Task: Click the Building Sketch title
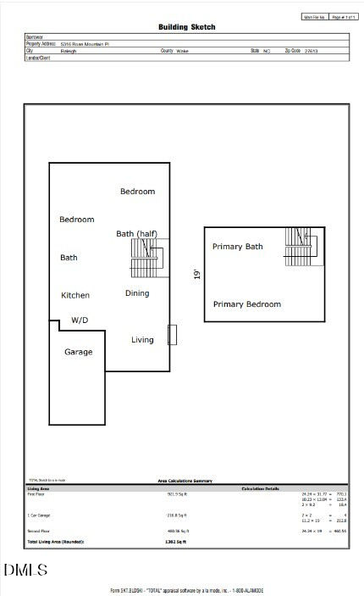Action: pyautogui.click(x=185, y=27)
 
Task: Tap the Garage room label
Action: pyautogui.click(x=79, y=352)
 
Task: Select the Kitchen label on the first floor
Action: pyautogui.click(x=75, y=295)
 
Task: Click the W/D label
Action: pyautogui.click(x=80, y=320)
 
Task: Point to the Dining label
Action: pyautogui.click(x=137, y=293)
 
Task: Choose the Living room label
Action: pyautogui.click(x=142, y=340)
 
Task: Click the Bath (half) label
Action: pyautogui.click(x=137, y=234)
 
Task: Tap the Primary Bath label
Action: pyautogui.click(x=237, y=247)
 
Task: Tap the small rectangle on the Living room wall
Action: pyautogui.click(x=172, y=335)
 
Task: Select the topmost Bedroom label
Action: pyautogui.click(x=137, y=192)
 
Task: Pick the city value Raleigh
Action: pyautogui.click(x=69, y=51)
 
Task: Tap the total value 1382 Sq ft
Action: pyautogui.click(x=176, y=540)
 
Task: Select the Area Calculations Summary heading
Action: pyautogui.click(x=185, y=481)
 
